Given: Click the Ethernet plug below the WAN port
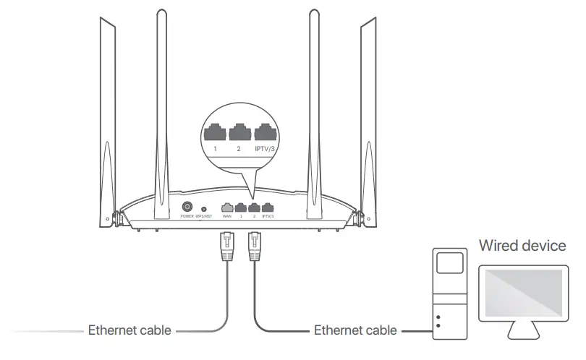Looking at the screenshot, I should (226, 247).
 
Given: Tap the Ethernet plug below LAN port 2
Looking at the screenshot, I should (254, 247).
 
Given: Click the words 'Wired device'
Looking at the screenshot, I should (522, 247).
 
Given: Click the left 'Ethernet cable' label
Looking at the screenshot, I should (129, 330).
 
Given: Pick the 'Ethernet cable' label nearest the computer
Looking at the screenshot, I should (355, 330).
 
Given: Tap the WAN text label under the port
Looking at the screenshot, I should (227, 216).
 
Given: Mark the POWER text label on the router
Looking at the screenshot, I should (186, 216).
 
